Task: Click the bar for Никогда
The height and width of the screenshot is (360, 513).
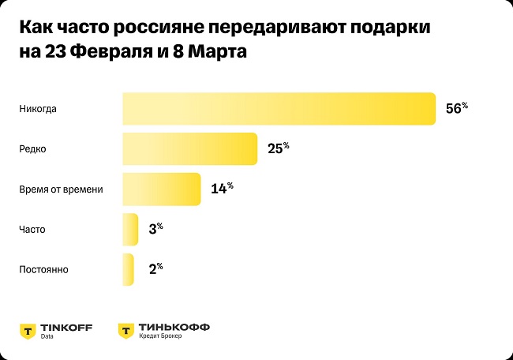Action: (x=279, y=109)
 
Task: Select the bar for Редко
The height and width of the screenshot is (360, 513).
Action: (x=189, y=149)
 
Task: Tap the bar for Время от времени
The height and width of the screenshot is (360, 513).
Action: (x=161, y=189)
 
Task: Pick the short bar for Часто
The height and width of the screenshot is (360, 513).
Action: (x=130, y=230)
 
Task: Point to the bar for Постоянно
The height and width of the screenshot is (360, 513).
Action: (x=128, y=270)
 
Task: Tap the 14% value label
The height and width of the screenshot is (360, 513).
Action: (x=222, y=189)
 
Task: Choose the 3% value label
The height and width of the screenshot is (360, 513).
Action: (x=155, y=230)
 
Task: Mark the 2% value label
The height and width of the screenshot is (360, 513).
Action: (x=155, y=270)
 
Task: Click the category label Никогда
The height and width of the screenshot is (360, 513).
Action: (x=39, y=109)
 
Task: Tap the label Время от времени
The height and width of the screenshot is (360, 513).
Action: (x=61, y=189)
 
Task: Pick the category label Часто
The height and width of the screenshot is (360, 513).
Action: (x=32, y=230)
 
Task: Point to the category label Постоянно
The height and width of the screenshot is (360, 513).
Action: (x=43, y=270)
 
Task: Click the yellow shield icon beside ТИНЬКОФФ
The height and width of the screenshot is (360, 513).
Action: (x=125, y=330)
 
